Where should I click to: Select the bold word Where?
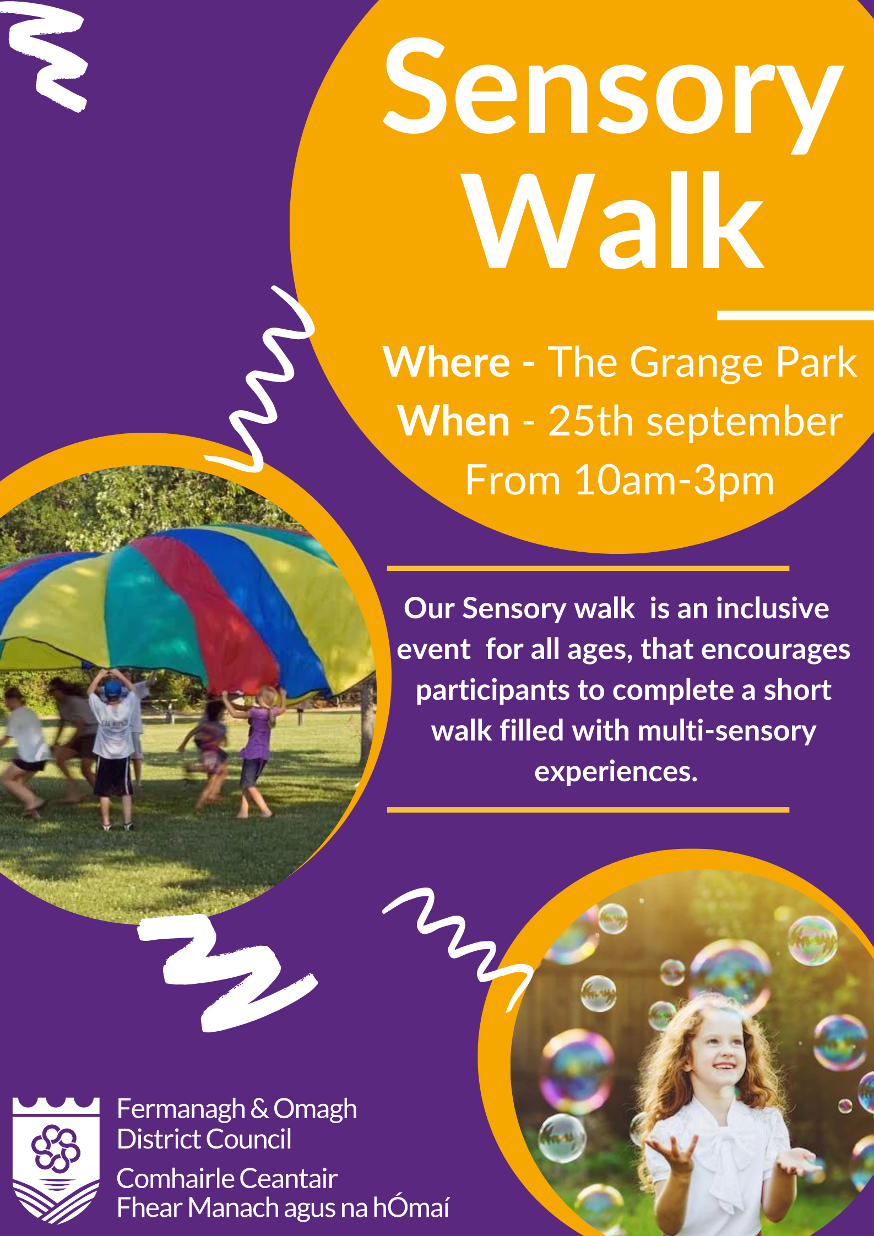click(x=447, y=362)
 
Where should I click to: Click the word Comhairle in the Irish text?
click(x=173, y=1179)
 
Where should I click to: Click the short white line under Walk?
click(x=795, y=315)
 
